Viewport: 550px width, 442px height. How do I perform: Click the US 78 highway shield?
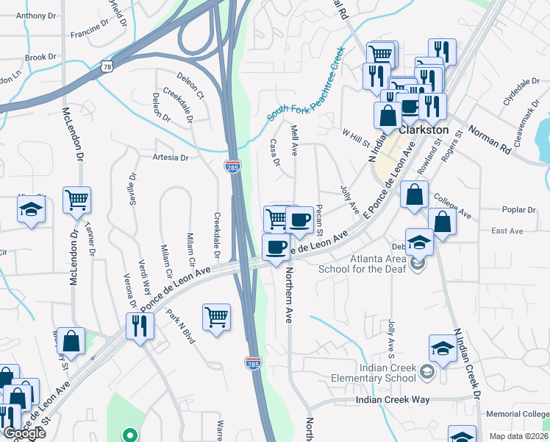coord(107,66)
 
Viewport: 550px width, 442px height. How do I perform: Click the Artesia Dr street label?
coord(170,158)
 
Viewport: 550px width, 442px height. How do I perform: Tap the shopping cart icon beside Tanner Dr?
coord(76,200)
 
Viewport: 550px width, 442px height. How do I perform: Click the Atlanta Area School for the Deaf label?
coord(365,263)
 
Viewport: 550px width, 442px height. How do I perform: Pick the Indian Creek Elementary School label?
coord(387,373)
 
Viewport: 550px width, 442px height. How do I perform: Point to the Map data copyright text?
coord(518,436)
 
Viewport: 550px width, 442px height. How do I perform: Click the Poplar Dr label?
coord(518,210)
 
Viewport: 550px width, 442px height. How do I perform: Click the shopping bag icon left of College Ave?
coord(415,194)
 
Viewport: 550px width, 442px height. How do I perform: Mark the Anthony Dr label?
coord(30,15)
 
